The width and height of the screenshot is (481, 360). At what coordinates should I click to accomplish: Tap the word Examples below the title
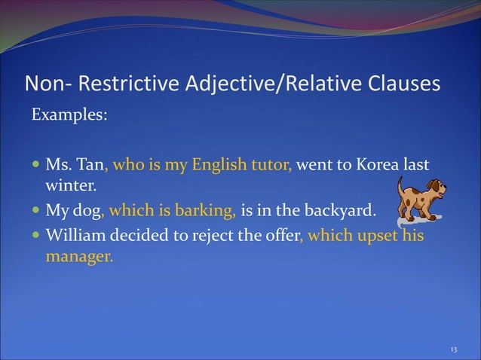click(69, 117)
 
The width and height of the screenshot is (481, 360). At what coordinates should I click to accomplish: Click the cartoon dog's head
click(435, 188)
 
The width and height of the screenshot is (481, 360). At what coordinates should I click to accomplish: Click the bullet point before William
click(35, 236)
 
